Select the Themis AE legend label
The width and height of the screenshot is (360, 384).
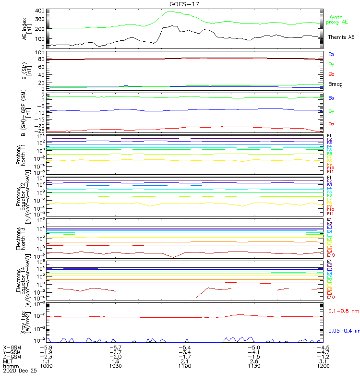click(341, 37)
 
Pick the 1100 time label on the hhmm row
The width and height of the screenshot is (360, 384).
click(184, 366)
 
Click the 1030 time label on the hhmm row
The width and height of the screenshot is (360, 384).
click(115, 366)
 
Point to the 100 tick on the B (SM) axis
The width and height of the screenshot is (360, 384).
click(40, 52)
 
